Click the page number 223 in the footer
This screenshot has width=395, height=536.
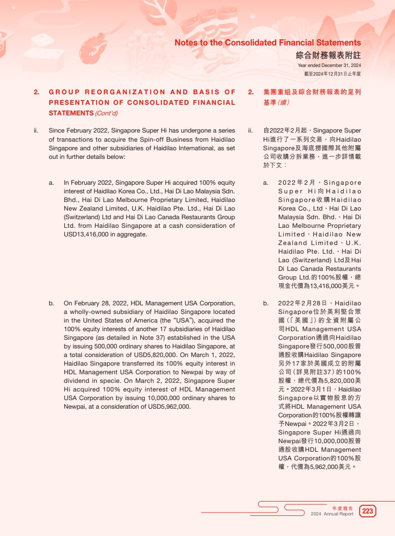pyautogui.click(x=368, y=511)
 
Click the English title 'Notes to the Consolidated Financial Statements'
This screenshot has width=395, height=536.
pyautogui.click(x=268, y=43)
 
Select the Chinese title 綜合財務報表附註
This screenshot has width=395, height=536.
pyautogui.click(x=328, y=56)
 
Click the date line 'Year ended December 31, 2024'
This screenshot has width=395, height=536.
pyautogui.click(x=329, y=66)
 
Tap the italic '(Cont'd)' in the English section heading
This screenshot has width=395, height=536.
pyautogui.click(x=106, y=113)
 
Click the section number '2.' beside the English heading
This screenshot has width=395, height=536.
pyautogui.click(x=36, y=92)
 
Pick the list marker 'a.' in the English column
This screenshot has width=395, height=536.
pyautogui.click(x=51, y=183)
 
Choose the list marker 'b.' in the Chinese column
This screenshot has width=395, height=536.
pyautogui.click(x=266, y=303)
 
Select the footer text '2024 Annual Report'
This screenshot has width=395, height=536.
pyautogui.click(x=332, y=514)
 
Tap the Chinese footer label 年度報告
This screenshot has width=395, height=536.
pyautogui.click(x=343, y=508)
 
